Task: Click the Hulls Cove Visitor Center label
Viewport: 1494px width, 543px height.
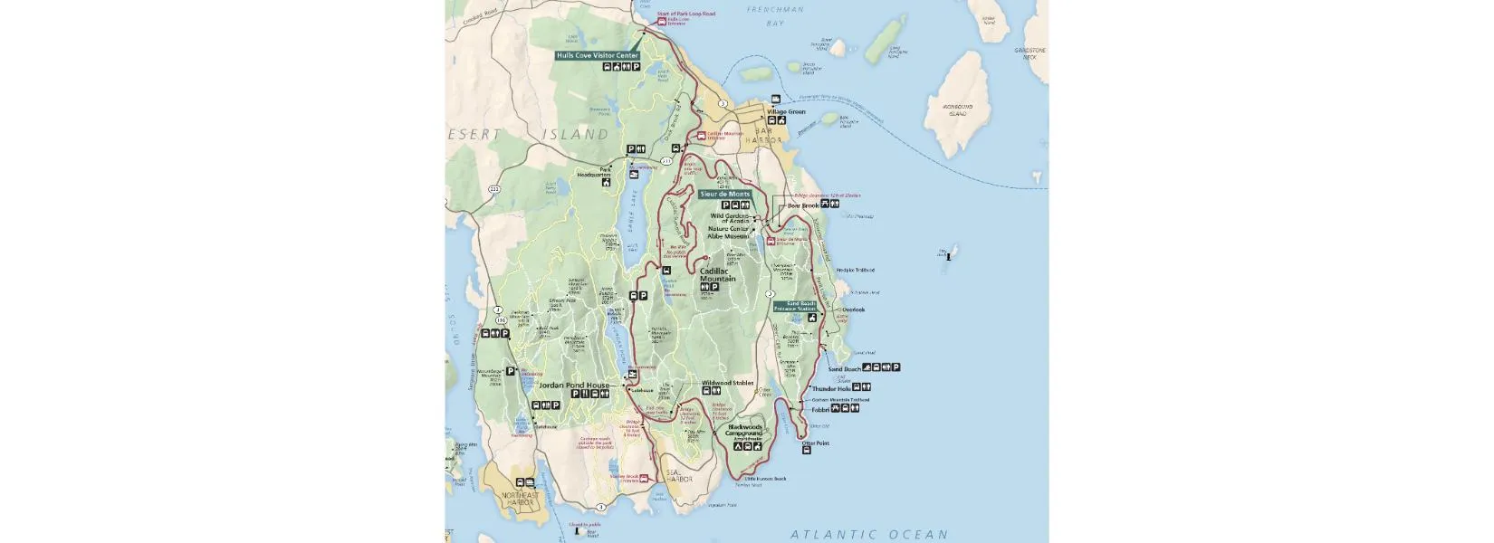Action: [x=599, y=55]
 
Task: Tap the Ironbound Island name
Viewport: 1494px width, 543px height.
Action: [x=958, y=110]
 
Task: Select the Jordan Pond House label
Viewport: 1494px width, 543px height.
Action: [x=574, y=385]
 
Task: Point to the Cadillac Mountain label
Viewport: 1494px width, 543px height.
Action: [x=718, y=274]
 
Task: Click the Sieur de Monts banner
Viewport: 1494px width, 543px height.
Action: [x=725, y=194]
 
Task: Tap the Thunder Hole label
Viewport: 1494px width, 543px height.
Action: [x=830, y=389]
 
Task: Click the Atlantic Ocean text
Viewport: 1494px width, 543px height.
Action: [x=869, y=534]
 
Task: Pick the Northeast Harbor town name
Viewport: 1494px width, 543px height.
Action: [x=521, y=499]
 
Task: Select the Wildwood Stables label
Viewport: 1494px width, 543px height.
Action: [x=728, y=383]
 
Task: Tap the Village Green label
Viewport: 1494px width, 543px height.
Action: [x=786, y=111]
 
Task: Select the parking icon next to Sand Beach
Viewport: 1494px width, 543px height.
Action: [x=896, y=367]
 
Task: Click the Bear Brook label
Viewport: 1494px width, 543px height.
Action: [x=802, y=205]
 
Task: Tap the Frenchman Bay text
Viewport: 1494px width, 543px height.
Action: [x=775, y=16]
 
